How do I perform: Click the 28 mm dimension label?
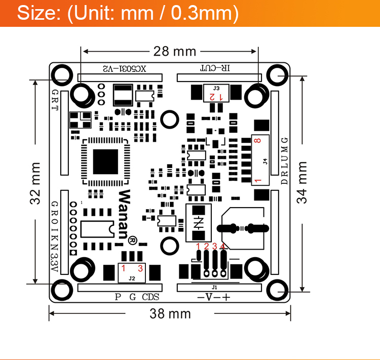[171, 51]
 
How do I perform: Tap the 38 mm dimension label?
[170, 314]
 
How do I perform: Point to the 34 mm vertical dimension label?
[302, 182]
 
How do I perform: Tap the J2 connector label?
[132, 277]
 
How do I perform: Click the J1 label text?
[214, 287]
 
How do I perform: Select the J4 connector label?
[265, 162]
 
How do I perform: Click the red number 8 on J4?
[258, 142]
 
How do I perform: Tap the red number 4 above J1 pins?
[222, 247]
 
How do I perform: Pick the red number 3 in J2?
[140, 269]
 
